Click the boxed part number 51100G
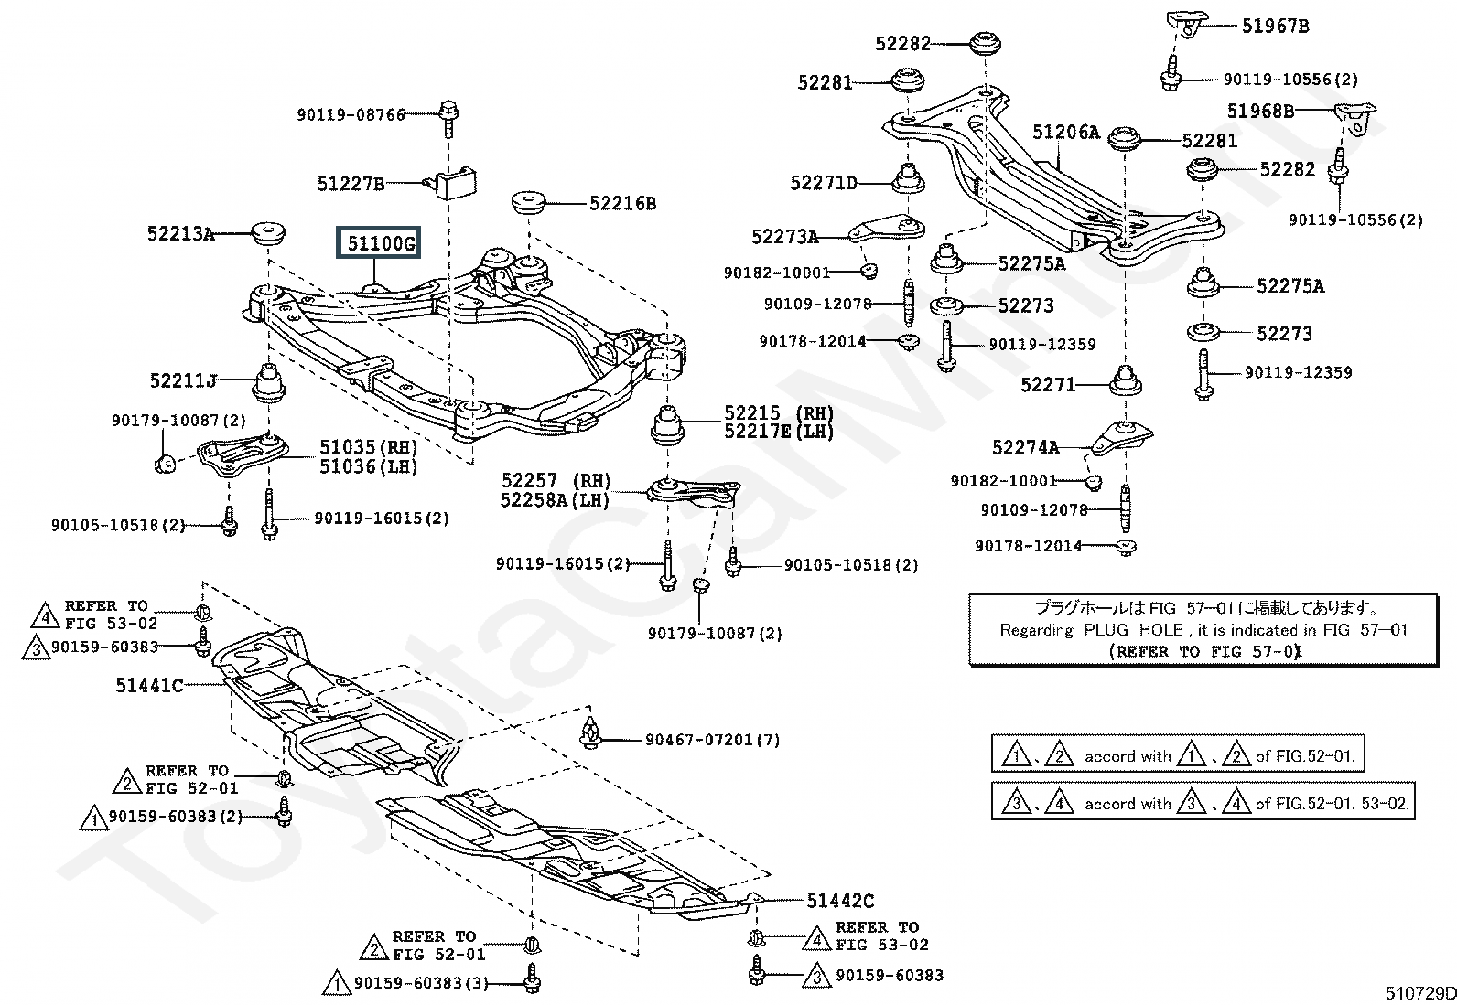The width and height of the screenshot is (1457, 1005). coord(381,243)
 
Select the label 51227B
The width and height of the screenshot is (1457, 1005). coord(351,184)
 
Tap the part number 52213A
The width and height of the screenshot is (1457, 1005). coord(180,233)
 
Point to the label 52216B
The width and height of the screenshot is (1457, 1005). coord(622,204)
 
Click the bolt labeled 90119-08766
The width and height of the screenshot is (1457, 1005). coord(448,119)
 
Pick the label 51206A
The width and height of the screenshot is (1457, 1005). coord(1066,132)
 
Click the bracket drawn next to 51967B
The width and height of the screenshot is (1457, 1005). coord(1186,24)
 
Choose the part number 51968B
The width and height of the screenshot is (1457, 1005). coord(1260,112)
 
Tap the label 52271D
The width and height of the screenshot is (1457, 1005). coord(824,183)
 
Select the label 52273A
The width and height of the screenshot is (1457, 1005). coord(784,237)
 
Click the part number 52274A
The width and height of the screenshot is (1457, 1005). coord(1025,447)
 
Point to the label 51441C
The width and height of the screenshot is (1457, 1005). coord(149,685)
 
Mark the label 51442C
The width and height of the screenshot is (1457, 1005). coord(840,901)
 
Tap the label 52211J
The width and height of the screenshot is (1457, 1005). coord(183,380)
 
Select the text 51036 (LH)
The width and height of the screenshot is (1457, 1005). coord(368,466)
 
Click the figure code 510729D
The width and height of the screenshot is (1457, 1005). coord(1420,993)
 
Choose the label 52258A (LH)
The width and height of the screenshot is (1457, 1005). coord(555,500)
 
